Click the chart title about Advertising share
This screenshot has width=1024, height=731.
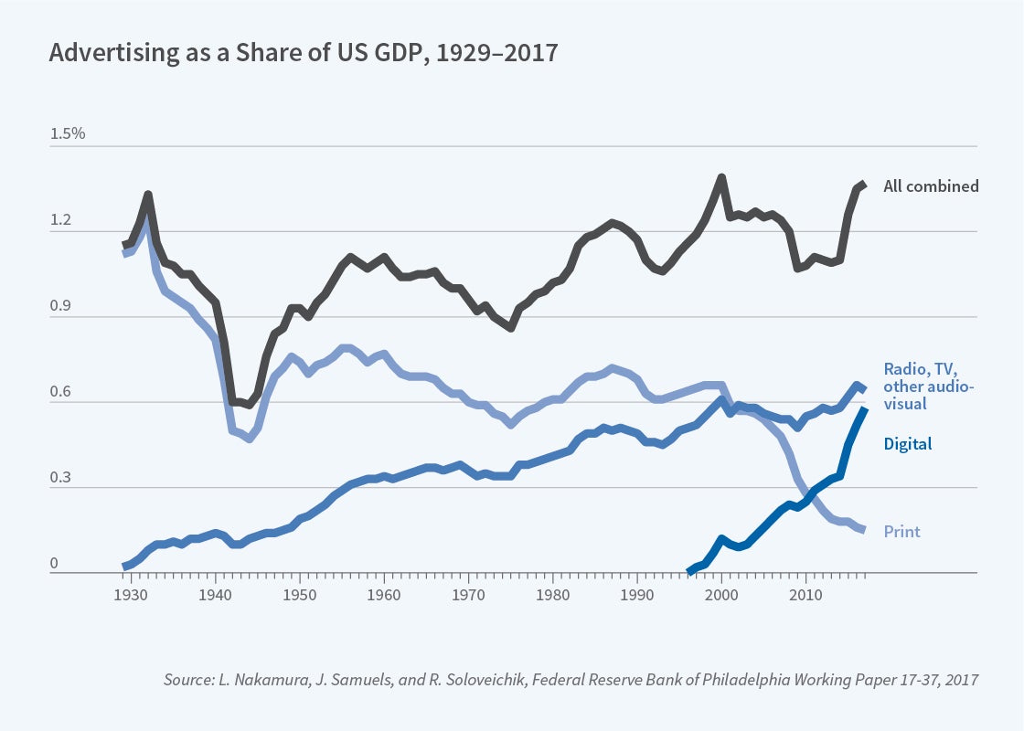[x=303, y=53]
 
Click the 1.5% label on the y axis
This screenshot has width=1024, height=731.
[x=68, y=133]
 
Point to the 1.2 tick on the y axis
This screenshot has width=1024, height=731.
[x=61, y=220]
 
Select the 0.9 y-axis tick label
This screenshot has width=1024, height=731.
[x=61, y=306]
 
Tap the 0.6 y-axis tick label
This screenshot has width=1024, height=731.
[x=61, y=391]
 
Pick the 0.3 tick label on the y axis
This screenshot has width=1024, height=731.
[x=61, y=477]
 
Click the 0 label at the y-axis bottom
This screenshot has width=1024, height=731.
[x=54, y=563]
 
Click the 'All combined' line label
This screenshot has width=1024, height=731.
[x=931, y=186]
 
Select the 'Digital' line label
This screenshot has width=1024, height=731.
[x=908, y=444]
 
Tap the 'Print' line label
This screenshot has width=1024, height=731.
[x=901, y=531]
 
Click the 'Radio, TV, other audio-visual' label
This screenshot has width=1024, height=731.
[x=928, y=386]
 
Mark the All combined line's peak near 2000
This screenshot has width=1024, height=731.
[x=721, y=177]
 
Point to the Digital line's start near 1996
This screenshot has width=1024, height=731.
[x=689, y=571]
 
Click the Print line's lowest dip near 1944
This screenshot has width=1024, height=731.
[x=249, y=439]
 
